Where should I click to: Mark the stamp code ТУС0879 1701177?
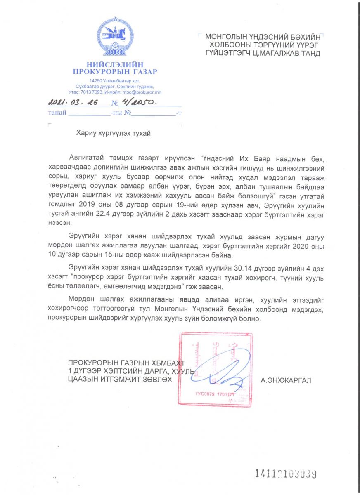215,394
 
